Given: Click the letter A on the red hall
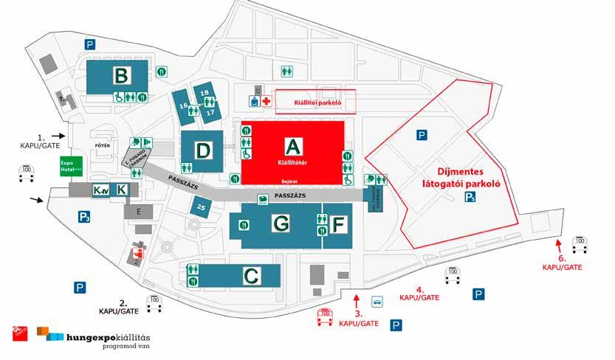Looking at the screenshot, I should [x=294, y=145].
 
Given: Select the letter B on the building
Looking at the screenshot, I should [x=121, y=75].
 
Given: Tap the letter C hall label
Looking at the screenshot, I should [x=251, y=277].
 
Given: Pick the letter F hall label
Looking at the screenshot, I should [x=338, y=224].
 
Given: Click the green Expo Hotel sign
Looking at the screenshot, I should [x=67, y=165].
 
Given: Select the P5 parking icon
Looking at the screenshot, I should [x=470, y=196].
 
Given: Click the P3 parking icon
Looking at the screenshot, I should [x=84, y=217].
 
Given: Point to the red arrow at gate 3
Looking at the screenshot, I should [x=357, y=300].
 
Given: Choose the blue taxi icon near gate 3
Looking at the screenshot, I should [x=377, y=301].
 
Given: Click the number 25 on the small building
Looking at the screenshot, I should [x=201, y=208].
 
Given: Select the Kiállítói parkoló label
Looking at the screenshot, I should [x=315, y=103].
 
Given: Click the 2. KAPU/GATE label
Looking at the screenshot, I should [x=119, y=307].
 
